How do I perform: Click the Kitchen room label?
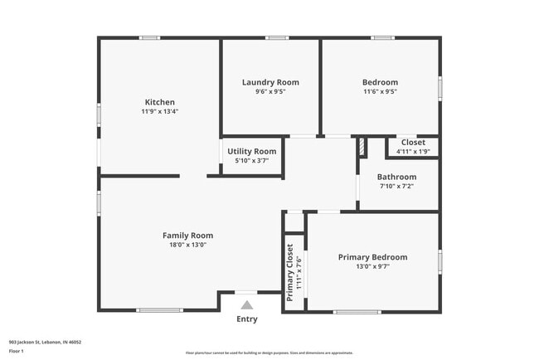(x=160, y=102)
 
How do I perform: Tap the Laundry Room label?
(x=270, y=82)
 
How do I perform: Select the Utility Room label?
(x=252, y=151)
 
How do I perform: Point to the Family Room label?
(x=187, y=235)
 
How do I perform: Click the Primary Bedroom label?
(x=372, y=257)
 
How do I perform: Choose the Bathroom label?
(x=396, y=177)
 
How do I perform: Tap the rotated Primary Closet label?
(x=290, y=273)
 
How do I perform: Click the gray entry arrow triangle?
(x=246, y=305)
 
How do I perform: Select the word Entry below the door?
(x=247, y=319)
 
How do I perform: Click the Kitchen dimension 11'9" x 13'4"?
(x=160, y=111)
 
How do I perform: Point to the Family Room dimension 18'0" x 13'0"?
(x=187, y=245)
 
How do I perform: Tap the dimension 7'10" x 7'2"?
(x=396, y=186)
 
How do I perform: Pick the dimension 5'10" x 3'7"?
(x=252, y=160)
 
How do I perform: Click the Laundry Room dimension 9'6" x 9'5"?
(x=270, y=92)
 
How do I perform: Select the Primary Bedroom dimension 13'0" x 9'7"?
(x=372, y=267)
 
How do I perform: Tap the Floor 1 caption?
(x=17, y=351)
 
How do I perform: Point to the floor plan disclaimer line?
(x=269, y=353)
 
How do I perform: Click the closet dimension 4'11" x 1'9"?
(x=412, y=151)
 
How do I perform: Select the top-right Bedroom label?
(x=380, y=82)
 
